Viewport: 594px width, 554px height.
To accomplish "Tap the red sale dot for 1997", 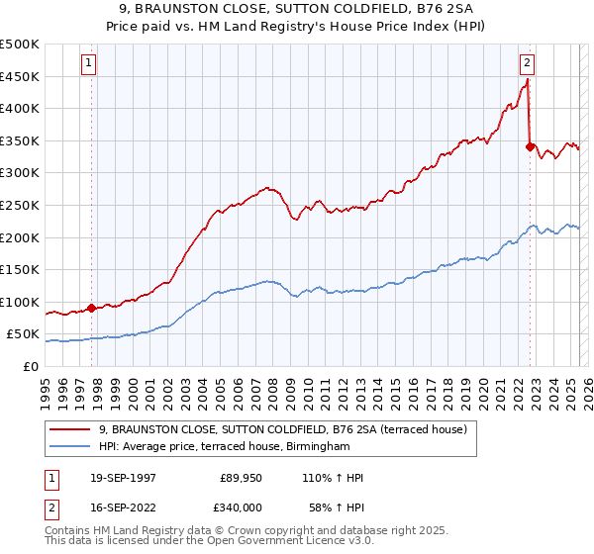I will [x=92, y=308].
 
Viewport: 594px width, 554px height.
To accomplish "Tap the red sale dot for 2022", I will [x=530, y=147].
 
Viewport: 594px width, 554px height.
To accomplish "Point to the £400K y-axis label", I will [x=20, y=108].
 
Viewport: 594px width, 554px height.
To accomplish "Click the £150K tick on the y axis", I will [x=20, y=269].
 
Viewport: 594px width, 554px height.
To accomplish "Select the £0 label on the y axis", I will [x=31, y=366].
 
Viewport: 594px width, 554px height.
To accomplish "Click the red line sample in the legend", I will [x=69, y=429].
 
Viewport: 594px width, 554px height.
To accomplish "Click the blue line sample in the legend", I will [x=69, y=447].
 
